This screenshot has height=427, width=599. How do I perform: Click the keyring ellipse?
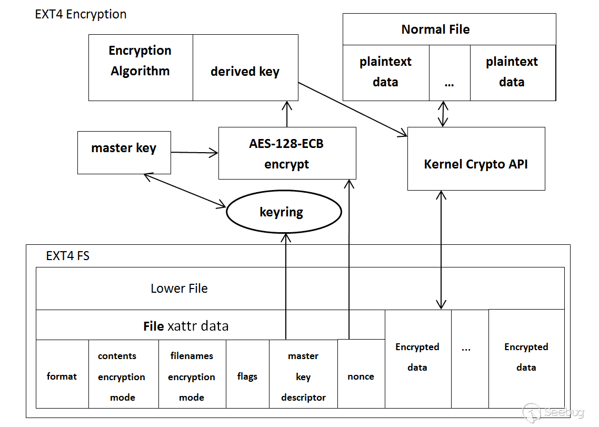284,212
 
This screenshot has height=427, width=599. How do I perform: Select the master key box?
124,152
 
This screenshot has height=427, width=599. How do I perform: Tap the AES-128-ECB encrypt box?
287,153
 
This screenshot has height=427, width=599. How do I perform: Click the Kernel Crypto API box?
476,164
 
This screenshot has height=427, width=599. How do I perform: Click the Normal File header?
449,29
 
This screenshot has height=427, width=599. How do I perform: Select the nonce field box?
361,376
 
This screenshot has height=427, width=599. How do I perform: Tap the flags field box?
247,376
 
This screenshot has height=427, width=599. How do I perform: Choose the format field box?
62,376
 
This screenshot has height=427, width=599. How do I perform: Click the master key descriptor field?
303,376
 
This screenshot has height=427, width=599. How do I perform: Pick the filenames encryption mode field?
192,376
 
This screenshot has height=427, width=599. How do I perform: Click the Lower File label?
179,289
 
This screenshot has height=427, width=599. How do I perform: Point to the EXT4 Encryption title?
81,14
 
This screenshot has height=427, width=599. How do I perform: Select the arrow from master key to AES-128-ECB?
194,153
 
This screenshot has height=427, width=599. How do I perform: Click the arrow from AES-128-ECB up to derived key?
287,114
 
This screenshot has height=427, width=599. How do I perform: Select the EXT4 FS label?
68,256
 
